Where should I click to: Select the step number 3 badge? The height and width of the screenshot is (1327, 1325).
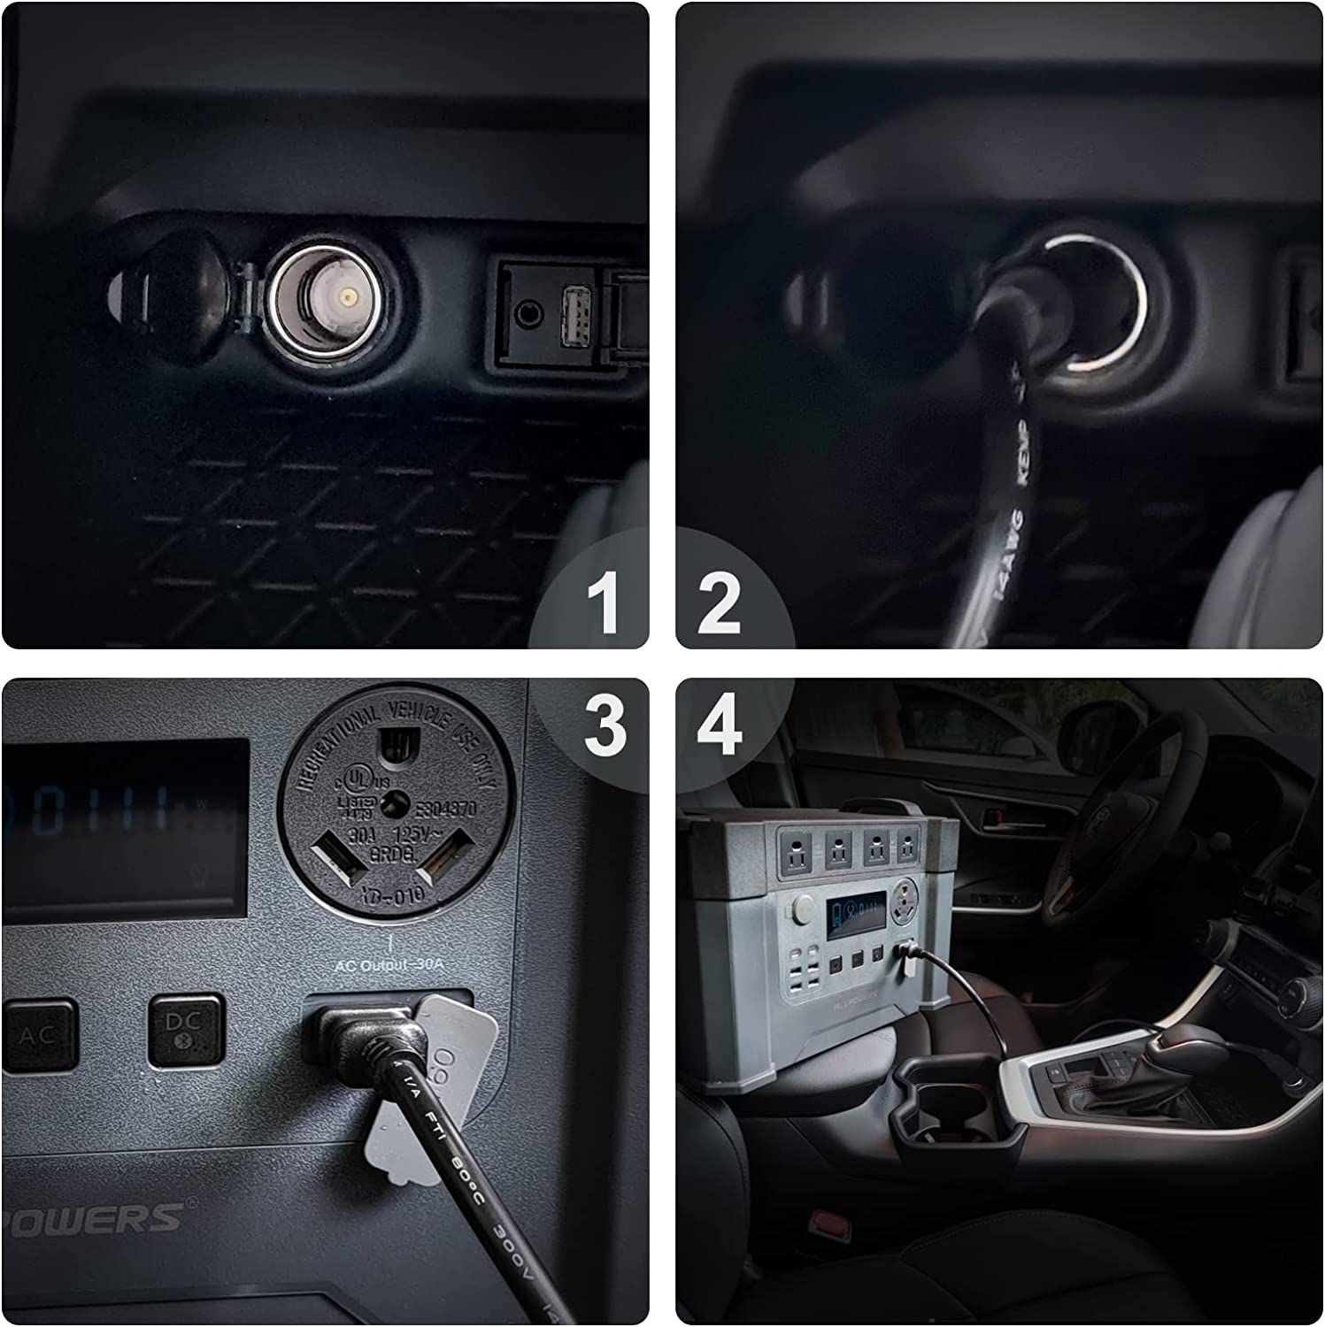605,725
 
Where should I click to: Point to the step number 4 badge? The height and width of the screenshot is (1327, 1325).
720,725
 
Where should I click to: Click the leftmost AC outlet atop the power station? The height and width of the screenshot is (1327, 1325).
790,848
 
